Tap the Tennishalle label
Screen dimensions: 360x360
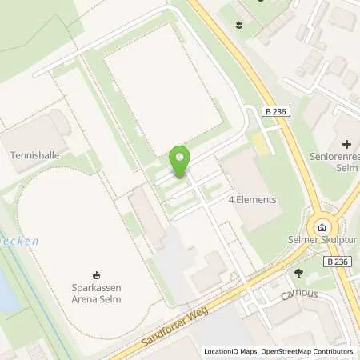tap(33, 154)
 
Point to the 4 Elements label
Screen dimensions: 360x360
tap(252, 199)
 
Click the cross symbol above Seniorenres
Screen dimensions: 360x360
tap(346, 144)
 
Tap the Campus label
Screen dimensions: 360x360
tap(299, 294)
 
